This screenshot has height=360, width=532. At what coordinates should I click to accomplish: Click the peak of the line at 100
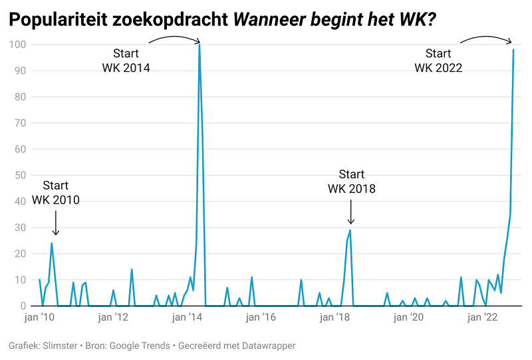pos(199,45)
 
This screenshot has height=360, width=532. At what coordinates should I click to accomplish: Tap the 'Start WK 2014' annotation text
pos(126,60)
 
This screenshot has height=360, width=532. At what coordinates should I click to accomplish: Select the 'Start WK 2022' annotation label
pos(438,60)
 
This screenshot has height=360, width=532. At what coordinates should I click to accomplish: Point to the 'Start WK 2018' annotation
pos(351,182)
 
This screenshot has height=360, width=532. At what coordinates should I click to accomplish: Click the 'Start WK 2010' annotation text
pos(55,192)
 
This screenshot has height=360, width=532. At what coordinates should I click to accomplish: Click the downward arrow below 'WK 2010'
pos(56,223)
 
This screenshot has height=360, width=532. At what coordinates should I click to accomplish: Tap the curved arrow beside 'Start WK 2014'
pos(174,39)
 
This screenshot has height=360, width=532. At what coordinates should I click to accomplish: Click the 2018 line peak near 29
pos(350,230)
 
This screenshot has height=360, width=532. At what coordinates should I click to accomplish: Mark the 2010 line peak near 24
pos(52,243)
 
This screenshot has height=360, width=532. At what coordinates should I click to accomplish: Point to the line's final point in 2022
pos(513,50)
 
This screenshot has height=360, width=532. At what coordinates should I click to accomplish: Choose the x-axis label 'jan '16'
pos(261,318)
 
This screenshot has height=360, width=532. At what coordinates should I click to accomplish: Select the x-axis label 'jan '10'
pos(40,318)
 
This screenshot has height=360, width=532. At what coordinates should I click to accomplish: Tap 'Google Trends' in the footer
pos(140,346)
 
